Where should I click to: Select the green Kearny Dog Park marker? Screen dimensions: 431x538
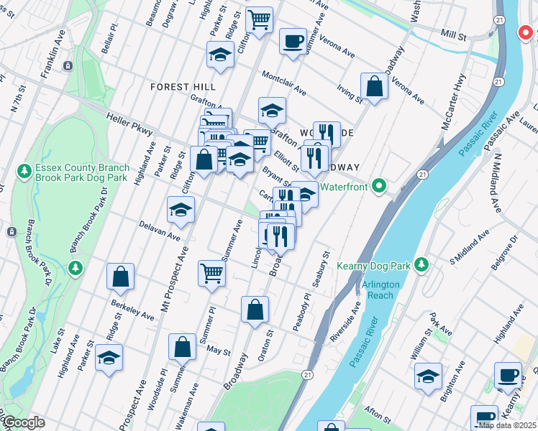pos(424,265)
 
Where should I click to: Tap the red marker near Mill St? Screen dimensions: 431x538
pos(526,33)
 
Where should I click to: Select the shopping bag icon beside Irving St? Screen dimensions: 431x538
pos(374,85)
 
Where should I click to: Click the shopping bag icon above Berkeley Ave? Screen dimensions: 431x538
pos(121,276)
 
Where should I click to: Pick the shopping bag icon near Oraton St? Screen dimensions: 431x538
pos(255,310)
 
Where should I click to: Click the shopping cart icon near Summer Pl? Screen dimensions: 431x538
pos(212,272)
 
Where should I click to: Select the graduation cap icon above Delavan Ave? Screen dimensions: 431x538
pos(181,209)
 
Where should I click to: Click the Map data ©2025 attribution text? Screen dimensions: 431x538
pos(506,425)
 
